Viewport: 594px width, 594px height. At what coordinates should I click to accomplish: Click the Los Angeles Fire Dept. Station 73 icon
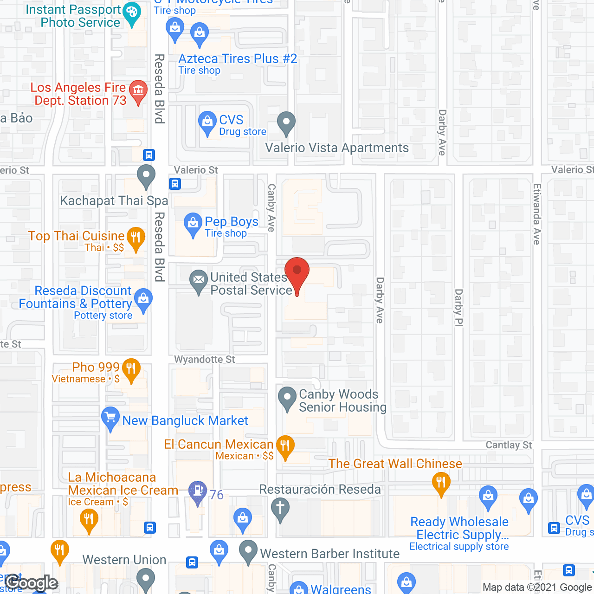point(138,90)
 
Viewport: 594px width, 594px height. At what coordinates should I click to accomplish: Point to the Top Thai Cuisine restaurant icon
point(135,238)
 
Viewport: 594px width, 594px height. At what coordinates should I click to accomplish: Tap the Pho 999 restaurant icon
point(131,369)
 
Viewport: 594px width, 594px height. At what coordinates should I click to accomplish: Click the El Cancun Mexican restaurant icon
point(285,446)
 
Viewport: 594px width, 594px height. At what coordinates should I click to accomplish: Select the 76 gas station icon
point(198,491)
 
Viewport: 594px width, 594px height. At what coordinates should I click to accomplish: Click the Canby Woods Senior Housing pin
point(287,398)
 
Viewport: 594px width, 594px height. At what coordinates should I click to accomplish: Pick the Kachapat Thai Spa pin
point(146,175)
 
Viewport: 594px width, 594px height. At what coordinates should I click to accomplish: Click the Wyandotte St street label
point(205,360)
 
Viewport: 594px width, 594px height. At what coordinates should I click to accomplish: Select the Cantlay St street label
point(509,445)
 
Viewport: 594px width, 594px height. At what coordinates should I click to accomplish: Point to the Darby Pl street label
point(458,308)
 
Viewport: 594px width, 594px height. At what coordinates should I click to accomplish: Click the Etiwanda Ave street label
point(536,214)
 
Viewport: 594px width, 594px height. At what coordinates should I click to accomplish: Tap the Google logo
point(32,583)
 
